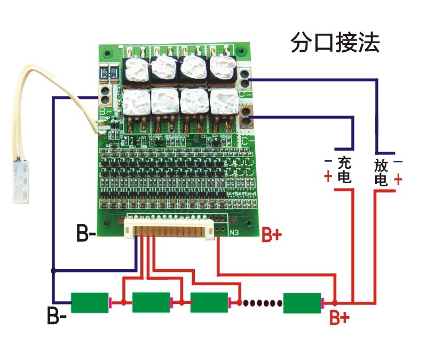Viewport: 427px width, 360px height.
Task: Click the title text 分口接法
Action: [335, 43]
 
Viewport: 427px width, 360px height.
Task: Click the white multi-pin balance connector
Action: [170, 229]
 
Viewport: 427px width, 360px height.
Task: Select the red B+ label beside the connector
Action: [271, 236]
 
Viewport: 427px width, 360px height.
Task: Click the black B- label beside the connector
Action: [86, 234]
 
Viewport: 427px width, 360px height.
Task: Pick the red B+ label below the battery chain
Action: [338, 318]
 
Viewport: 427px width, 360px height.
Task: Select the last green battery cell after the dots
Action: [302, 303]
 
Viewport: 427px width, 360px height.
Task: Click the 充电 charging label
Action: [345, 170]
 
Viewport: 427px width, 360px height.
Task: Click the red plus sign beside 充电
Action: [327, 177]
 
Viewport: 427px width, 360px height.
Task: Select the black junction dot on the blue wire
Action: [52, 271]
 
